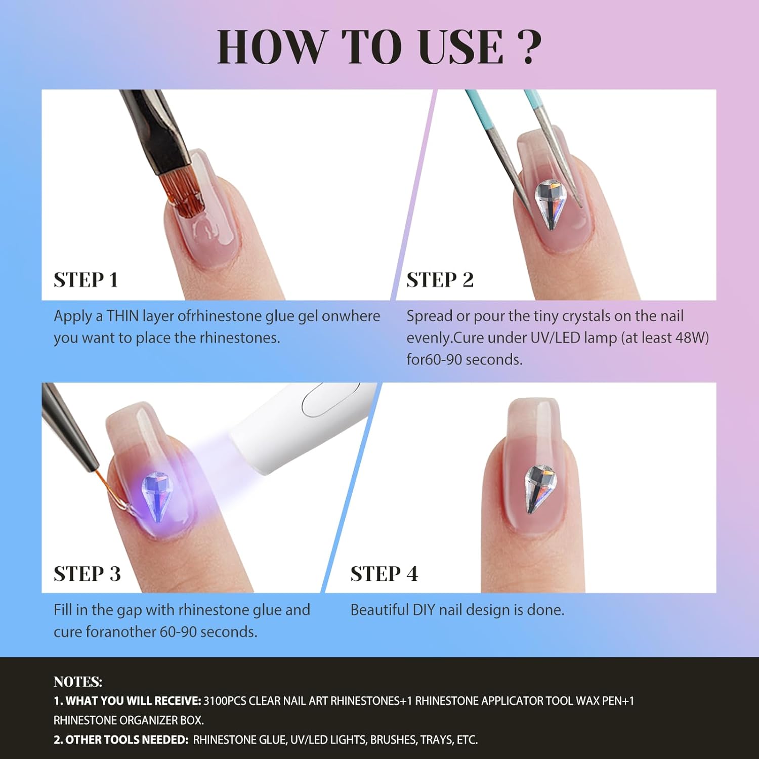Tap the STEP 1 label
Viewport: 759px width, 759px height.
tap(86, 280)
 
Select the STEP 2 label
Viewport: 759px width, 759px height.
tap(440, 280)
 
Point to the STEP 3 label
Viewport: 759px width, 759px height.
tap(88, 574)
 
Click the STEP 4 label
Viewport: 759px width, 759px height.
tap(385, 574)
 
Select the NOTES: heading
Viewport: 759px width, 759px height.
tap(78, 682)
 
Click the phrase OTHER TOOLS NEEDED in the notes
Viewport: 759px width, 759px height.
tap(127, 740)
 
